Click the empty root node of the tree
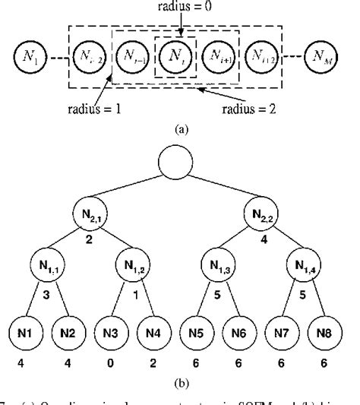coord(179,163)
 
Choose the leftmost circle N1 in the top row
coord(28,55)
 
